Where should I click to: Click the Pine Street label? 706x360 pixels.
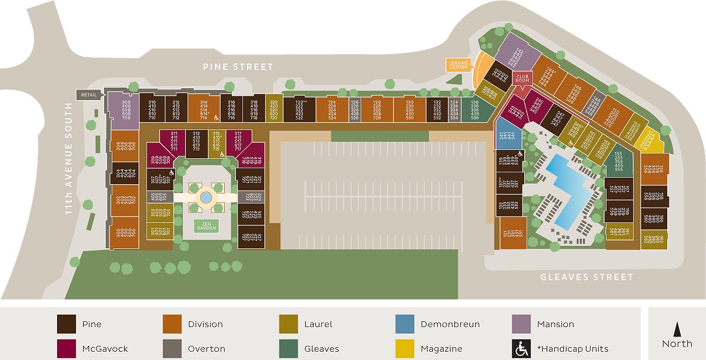pyautogui.click(x=238, y=67)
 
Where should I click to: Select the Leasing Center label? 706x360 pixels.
pyautogui.click(x=458, y=65)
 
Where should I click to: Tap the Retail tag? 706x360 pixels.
pyautogui.click(x=88, y=94)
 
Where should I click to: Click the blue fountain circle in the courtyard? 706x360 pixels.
pyautogui.click(x=206, y=198)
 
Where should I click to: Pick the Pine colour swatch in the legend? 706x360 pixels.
pyautogui.click(x=66, y=324)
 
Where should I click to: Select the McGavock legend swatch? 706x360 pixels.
pyautogui.click(x=66, y=348)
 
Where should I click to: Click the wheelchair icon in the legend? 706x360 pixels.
pyautogui.click(x=522, y=348)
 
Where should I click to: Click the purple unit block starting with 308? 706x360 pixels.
pyautogui.click(x=123, y=110)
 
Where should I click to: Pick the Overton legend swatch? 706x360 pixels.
pyautogui.click(x=172, y=348)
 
